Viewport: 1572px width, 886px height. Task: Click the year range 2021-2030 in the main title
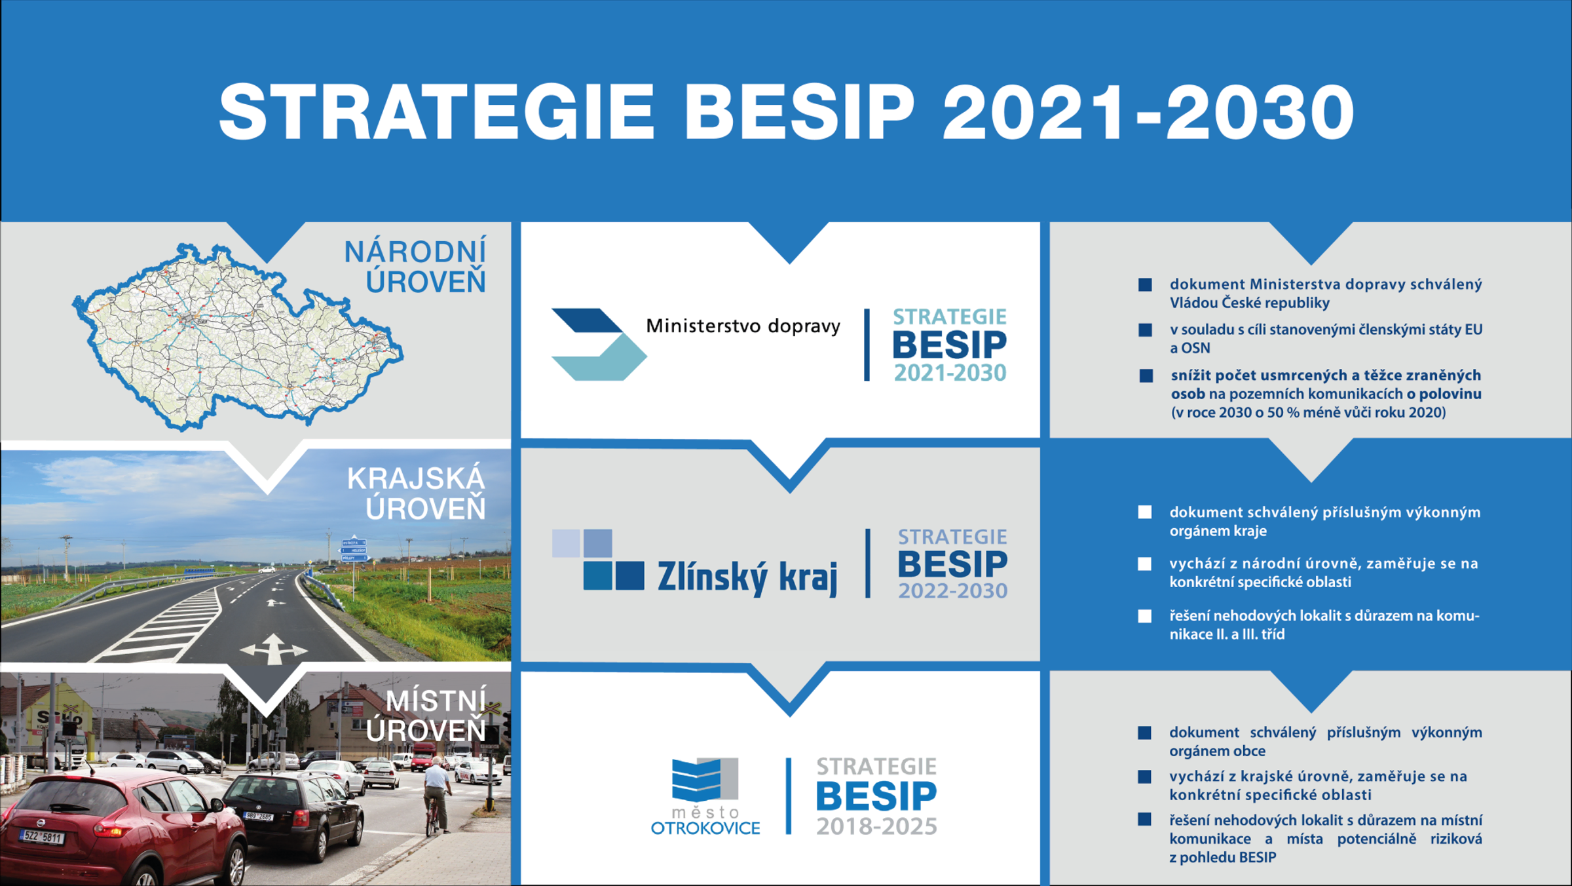pos(1148,113)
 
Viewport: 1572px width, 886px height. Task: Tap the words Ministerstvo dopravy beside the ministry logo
pos(743,326)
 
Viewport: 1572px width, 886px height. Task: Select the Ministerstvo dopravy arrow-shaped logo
pos(597,344)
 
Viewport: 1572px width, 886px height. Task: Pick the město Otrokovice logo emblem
pos(705,780)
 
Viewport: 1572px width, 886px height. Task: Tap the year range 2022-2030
pos(952,591)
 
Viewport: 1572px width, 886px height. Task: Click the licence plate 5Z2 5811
pos(42,837)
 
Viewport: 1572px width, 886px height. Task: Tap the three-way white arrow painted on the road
pos(274,648)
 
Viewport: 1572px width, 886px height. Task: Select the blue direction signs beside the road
pos(354,549)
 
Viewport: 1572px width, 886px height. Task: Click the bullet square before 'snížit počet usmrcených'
pos(1146,376)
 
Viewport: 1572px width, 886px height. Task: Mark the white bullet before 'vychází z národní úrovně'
pos(1144,564)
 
